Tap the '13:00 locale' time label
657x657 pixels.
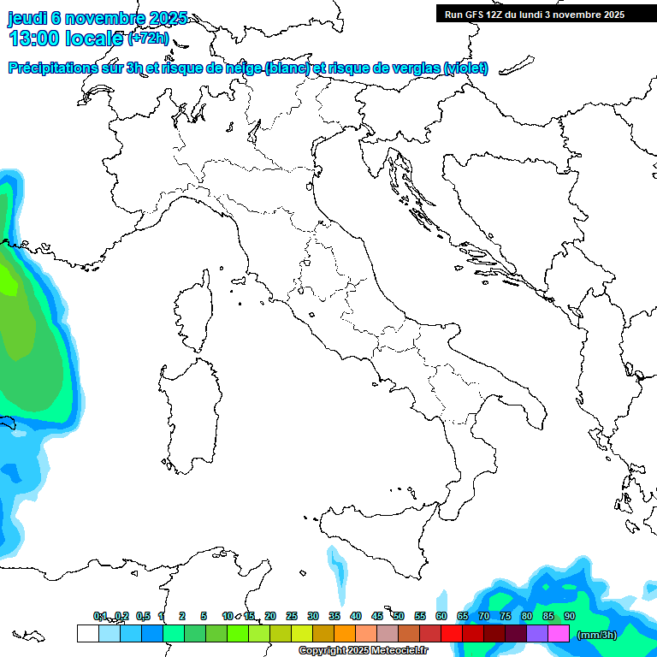point(67,39)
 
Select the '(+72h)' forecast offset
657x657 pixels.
point(149,39)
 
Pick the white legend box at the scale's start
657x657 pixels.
point(87,633)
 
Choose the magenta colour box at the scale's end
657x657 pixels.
point(559,633)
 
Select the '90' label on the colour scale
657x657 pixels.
point(570,616)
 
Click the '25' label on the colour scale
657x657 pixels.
point(292,616)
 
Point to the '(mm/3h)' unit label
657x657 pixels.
point(597,635)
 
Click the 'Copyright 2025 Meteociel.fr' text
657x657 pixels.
point(363,651)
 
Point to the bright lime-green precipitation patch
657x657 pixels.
point(9,281)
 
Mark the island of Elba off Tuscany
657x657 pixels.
point(240,281)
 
